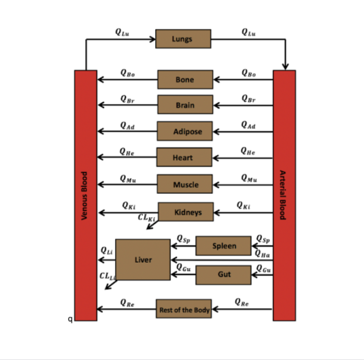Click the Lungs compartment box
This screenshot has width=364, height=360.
coord(183,39)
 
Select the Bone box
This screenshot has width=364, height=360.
coord(185,80)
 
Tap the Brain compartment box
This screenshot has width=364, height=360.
coord(185,105)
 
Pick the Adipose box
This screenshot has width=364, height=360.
coord(184,131)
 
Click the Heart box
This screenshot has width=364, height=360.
coord(184,157)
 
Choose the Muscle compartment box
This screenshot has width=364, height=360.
coord(184,184)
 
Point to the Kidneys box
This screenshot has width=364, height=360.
coord(186,212)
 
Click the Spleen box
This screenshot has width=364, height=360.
coord(223,246)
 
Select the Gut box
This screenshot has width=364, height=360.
coord(223,275)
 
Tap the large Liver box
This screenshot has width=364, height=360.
coord(143,260)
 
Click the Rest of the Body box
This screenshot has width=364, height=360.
coord(184,309)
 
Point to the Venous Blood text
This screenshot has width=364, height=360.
coord(84,196)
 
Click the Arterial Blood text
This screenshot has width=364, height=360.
coord(282,195)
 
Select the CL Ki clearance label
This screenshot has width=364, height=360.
coord(146,217)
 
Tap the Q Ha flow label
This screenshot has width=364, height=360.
coord(263,253)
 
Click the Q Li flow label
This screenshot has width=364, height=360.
coord(107,250)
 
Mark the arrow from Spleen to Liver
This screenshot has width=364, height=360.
coord(183,246)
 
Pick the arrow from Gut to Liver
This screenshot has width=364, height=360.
coord(183,275)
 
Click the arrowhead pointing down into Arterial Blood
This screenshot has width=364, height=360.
coord(285,67)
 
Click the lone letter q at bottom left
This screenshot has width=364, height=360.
coord(70,319)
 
